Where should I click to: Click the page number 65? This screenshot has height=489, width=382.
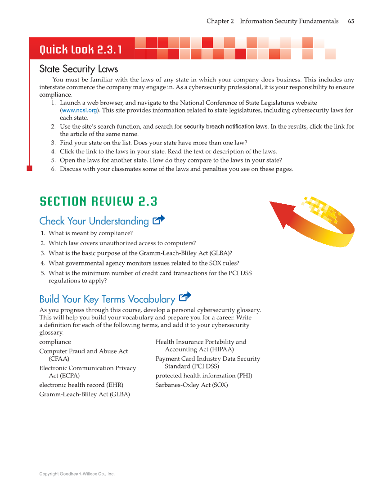tap(351, 21)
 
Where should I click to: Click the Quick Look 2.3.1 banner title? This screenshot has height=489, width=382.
tap(81, 49)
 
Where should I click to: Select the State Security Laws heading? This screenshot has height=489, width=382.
tap(79, 69)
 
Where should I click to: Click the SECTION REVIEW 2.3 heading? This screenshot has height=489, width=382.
tap(98, 201)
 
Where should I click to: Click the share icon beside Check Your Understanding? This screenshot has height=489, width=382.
tap(159, 220)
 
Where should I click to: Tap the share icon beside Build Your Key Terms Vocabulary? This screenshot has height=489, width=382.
tap(185, 297)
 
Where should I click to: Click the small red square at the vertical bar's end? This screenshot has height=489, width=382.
tap(29, 168)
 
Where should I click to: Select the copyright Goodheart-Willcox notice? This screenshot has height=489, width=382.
tap(77, 474)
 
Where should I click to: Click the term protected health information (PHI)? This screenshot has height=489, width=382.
tap(204, 376)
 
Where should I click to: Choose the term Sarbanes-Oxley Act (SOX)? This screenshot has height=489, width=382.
tap(192, 385)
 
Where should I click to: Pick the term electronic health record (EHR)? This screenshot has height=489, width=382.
tap(81, 385)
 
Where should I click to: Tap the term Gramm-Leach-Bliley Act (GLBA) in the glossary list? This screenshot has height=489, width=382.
tap(85, 395)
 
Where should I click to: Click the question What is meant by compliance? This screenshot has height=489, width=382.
tap(90, 233)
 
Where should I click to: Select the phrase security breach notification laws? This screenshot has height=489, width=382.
tap(225, 127)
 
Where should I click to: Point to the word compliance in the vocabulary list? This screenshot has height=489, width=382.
tap(55, 342)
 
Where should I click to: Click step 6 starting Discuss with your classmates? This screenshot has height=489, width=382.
tap(176, 169)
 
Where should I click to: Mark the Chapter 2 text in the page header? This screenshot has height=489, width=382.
tap(220, 21)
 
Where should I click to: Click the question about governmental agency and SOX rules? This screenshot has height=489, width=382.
tap(144, 263)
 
